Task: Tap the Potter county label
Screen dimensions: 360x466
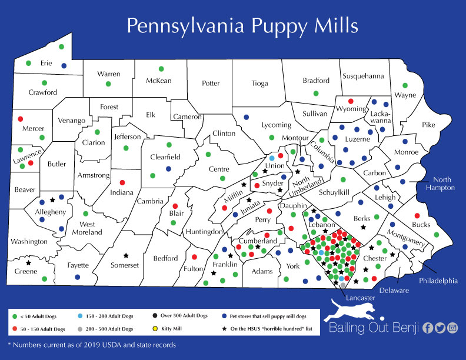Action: coord(211,84)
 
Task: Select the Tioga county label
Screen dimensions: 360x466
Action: coord(259,84)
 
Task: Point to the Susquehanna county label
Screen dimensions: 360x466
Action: coord(363,76)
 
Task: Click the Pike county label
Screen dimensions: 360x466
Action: coord(428,125)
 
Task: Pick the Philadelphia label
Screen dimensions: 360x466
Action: coord(438,281)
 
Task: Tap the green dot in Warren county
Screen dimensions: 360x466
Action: coord(108,84)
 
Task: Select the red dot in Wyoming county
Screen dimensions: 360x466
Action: coord(351,101)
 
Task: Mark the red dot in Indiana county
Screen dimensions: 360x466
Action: coord(122,182)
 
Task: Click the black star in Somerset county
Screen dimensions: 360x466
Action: coord(125,256)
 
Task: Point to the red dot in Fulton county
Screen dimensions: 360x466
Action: coord(194,257)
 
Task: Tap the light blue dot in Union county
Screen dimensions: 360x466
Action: coord(272,158)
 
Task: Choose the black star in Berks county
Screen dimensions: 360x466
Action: coord(363,227)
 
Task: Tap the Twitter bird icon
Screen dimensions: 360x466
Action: coord(440,328)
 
